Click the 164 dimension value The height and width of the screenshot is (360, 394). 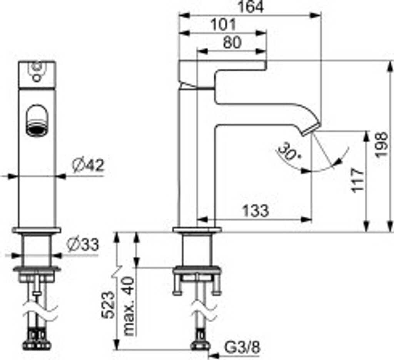(251, 7)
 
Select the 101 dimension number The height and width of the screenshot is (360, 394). (224, 25)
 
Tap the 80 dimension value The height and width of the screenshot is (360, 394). (232, 42)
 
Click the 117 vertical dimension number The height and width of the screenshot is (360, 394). (358, 181)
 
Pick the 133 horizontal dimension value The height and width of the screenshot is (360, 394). (255, 211)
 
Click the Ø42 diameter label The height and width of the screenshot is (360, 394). (88, 165)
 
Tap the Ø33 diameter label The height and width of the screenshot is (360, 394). (83, 245)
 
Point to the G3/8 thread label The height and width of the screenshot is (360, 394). (242, 347)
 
